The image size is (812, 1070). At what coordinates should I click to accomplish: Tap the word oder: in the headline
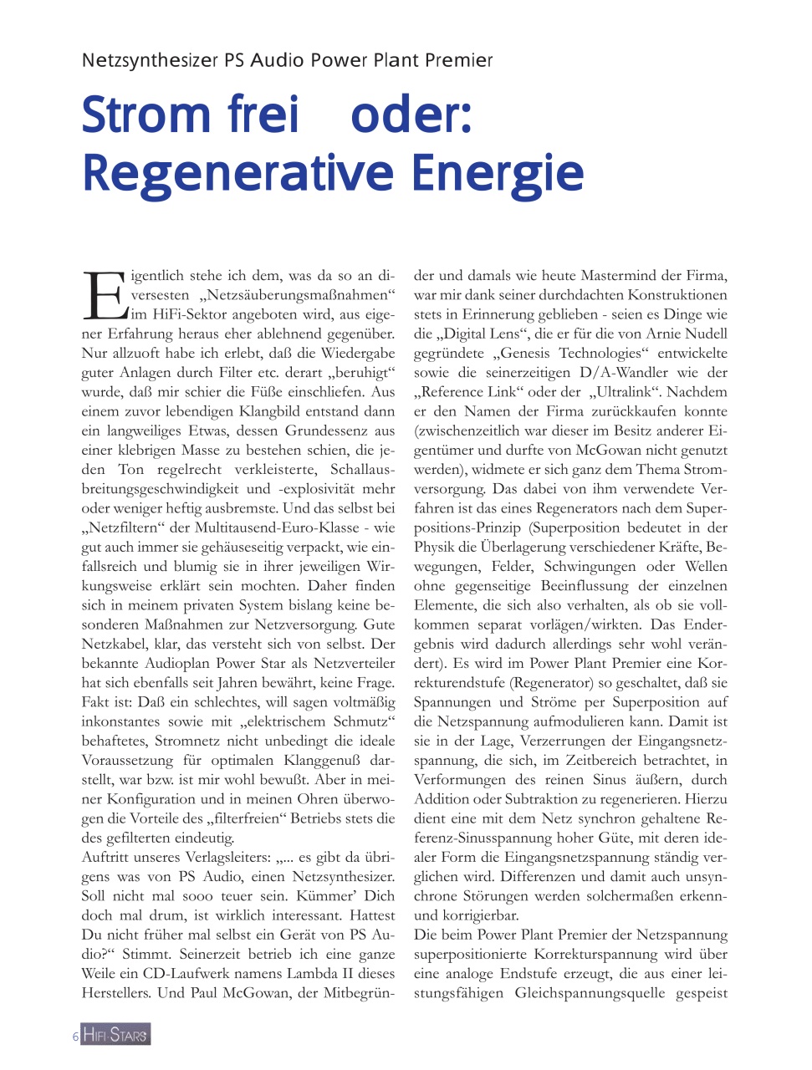pos(411,115)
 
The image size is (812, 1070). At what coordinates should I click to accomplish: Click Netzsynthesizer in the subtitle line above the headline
pos(151,61)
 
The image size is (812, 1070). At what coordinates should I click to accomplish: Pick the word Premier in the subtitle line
pos(458,61)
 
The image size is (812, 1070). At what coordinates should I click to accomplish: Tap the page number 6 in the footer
pos(75,1037)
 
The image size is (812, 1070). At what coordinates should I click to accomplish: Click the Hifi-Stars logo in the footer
pos(115,1035)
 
